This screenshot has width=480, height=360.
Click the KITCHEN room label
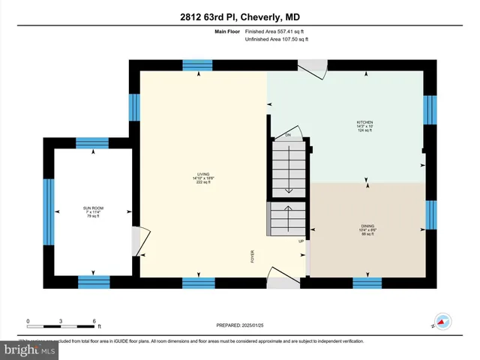tap(364, 122)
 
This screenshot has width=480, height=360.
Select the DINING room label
tap(367, 225)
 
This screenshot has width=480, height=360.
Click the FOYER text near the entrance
tap(253, 256)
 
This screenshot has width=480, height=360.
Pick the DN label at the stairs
tap(287, 135)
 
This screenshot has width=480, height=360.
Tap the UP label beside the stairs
tap(301, 241)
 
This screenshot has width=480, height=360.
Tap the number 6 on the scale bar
tap(94, 321)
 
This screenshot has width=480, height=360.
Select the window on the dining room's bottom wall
tap(367, 283)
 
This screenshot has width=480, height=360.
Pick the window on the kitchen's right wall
tap(430, 109)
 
